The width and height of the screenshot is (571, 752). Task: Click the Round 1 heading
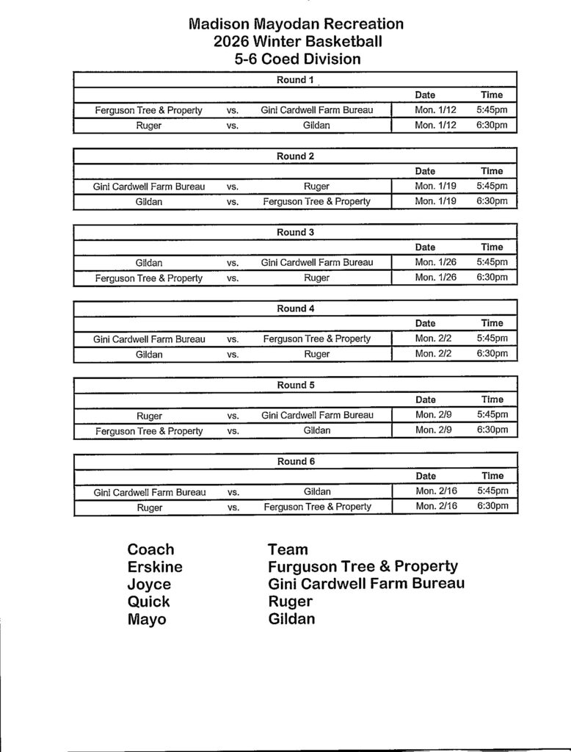(295, 79)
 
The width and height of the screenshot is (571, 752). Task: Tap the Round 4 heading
(295, 308)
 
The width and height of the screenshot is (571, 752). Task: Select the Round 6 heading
(295, 461)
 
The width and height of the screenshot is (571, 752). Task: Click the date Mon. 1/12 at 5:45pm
(435, 110)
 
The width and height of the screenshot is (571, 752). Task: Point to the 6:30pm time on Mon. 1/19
(492, 200)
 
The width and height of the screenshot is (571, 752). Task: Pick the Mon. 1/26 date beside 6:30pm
(435, 277)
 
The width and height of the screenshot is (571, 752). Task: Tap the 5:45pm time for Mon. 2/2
(492, 339)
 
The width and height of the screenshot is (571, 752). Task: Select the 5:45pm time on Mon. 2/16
(492, 491)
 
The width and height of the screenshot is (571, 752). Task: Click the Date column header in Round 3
(425, 247)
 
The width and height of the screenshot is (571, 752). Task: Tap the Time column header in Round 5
(492, 399)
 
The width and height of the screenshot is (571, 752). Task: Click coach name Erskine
(155, 567)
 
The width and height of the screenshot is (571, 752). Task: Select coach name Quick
(148, 601)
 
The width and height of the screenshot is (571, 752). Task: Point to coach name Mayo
(147, 619)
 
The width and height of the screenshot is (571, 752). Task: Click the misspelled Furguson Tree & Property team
(363, 567)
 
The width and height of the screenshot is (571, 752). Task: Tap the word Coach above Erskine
(150, 549)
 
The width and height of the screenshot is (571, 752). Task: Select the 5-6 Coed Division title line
(297, 59)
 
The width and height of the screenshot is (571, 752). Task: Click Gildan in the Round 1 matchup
(316, 126)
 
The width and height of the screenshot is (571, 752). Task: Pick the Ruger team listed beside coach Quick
(290, 601)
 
